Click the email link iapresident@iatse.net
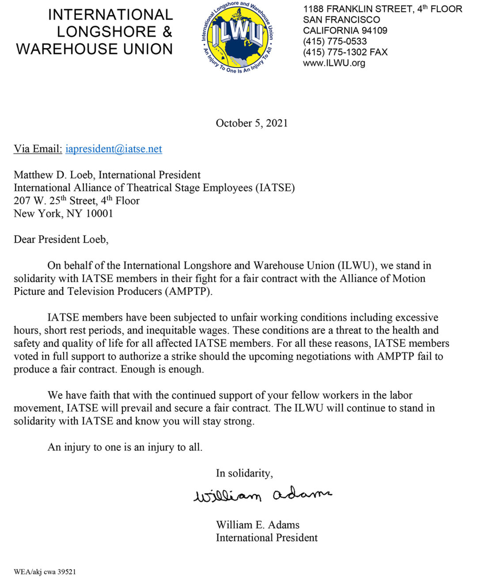(114, 149)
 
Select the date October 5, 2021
(251, 123)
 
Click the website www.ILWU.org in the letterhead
(334, 63)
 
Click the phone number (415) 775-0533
(335, 42)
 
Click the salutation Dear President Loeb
(61, 240)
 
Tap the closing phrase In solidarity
(244, 473)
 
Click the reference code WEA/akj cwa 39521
(45, 571)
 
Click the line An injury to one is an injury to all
(125, 447)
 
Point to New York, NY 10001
(63, 214)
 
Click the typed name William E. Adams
(257, 525)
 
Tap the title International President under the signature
(267, 538)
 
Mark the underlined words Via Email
(38, 149)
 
